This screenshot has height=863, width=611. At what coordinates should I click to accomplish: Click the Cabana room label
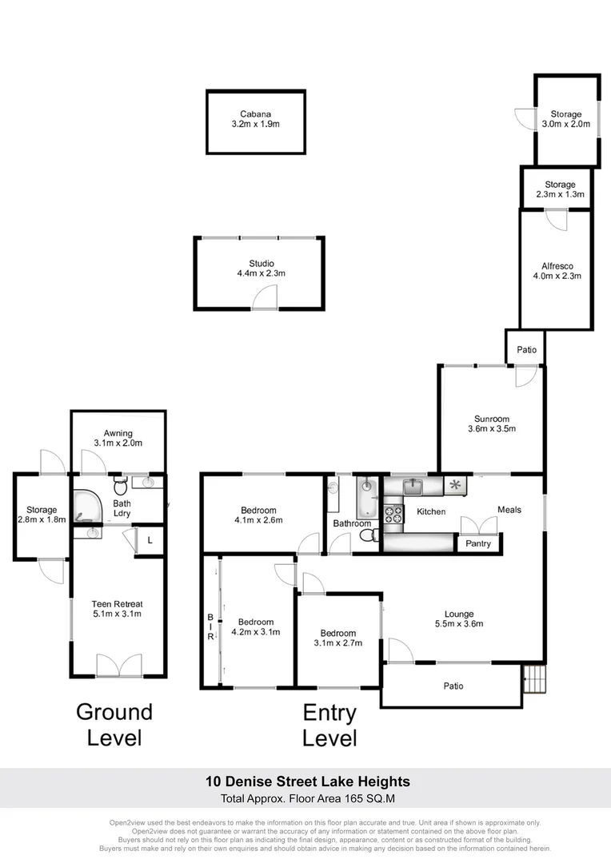tap(256, 114)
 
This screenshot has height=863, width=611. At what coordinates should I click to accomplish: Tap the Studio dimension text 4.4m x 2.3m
tap(262, 273)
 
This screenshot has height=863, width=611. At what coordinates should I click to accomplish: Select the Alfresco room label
tap(557, 266)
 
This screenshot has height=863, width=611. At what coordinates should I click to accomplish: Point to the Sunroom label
tap(492, 419)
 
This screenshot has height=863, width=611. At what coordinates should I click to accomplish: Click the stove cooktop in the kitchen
tap(393, 514)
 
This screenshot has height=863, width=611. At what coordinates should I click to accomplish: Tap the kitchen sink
tap(413, 487)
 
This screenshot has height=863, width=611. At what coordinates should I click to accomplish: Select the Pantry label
tap(477, 543)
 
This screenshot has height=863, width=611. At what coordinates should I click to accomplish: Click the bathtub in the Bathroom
tap(366, 499)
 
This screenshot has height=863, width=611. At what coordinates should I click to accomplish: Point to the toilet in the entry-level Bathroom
tap(369, 535)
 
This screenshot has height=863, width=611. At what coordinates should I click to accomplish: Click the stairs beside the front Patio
tap(534, 679)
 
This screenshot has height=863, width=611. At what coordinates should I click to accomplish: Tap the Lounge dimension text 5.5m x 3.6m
tap(459, 623)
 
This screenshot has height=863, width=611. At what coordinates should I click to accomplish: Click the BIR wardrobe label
tap(210, 627)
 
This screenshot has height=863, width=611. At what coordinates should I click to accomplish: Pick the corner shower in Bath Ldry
tap(86, 505)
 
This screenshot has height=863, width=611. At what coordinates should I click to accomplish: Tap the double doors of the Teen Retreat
tap(119, 665)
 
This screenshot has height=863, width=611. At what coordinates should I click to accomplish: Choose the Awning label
tap(118, 433)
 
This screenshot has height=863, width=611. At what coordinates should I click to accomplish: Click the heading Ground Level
tap(114, 725)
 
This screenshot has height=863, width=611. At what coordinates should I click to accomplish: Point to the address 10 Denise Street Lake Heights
tap(307, 781)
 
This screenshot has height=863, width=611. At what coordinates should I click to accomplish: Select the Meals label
tap(509, 510)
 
